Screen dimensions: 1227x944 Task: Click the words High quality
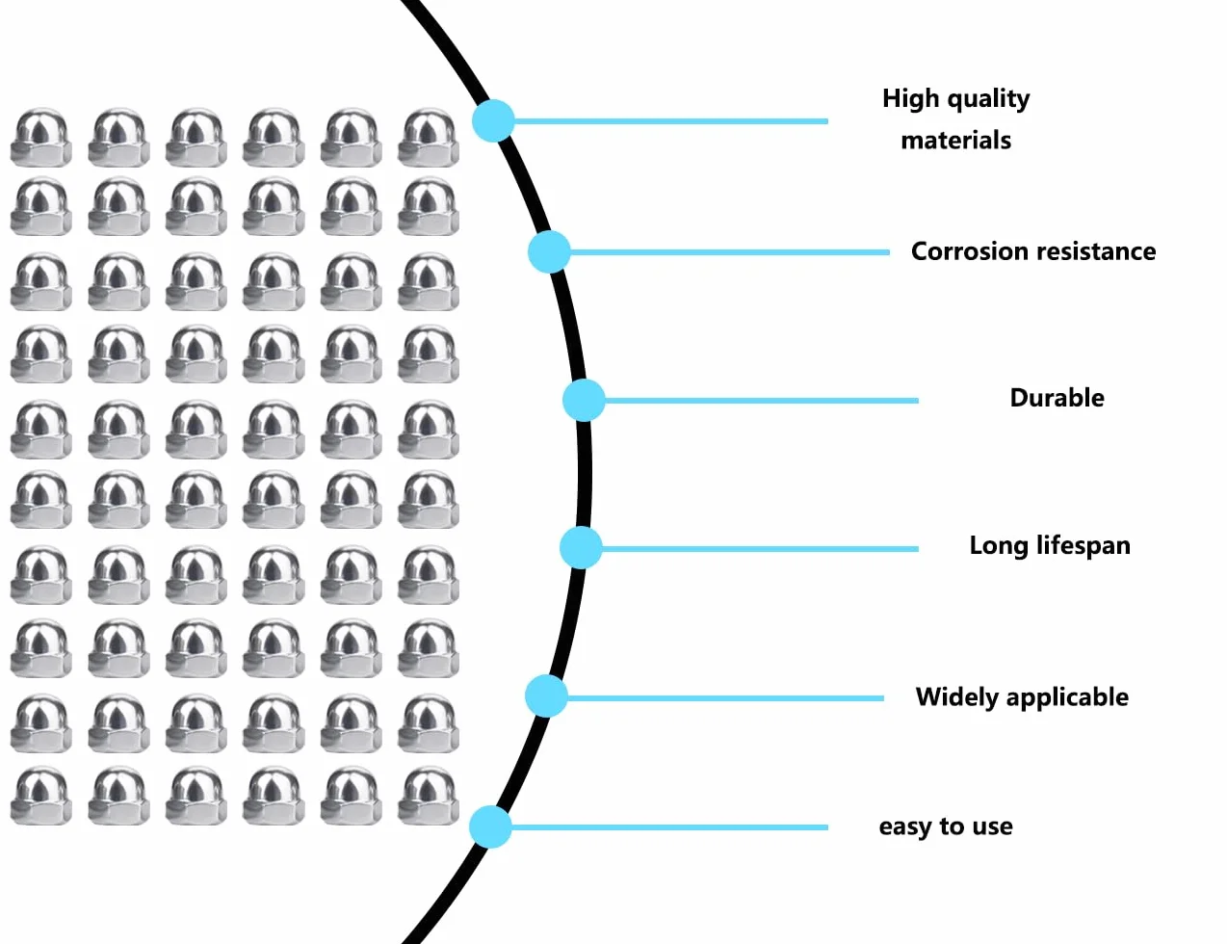click(x=955, y=99)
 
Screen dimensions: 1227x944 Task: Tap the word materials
click(x=955, y=141)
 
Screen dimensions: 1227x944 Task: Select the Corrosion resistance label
click(x=1033, y=251)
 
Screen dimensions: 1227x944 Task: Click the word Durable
click(x=1057, y=398)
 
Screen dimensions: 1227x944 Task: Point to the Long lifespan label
click(x=1050, y=546)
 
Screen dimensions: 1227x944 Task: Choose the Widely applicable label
click(x=1022, y=697)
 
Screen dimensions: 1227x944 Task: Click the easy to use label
click(x=946, y=827)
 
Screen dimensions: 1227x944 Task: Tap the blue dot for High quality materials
click(x=493, y=120)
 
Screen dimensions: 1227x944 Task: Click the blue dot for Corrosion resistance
click(x=549, y=251)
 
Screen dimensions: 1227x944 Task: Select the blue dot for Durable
click(x=584, y=401)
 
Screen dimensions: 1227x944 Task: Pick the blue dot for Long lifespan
click(x=581, y=548)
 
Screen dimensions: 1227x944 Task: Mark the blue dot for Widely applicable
click(x=546, y=696)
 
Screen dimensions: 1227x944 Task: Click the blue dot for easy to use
click(x=490, y=827)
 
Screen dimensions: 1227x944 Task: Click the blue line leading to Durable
click(x=762, y=401)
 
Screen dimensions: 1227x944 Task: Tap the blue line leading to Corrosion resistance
click(x=730, y=251)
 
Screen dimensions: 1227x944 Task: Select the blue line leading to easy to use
click(x=669, y=827)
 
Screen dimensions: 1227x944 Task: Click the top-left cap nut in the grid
click(x=41, y=138)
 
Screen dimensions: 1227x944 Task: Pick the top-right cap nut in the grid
click(x=429, y=138)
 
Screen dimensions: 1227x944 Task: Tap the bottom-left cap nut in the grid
click(x=41, y=795)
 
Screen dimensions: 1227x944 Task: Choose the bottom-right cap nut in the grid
click(x=429, y=795)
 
